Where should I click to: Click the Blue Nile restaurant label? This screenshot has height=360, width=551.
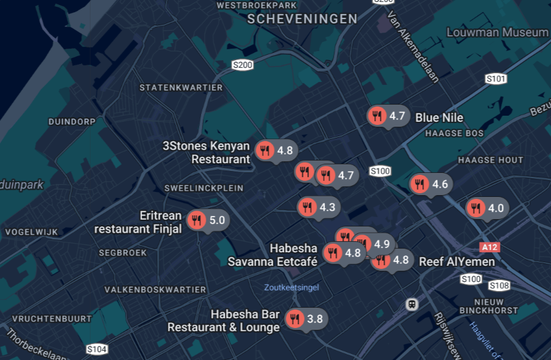pyautogui.click(x=439, y=118)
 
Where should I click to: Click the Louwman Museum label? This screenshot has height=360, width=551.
pyautogui.click(x=497, y=32)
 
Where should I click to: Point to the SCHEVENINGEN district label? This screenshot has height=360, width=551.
pyautogui.click(x=302, y=19)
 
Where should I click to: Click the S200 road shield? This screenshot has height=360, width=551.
pyautogui.click(x=243, y=65)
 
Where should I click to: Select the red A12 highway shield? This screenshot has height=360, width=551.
pyautogui.click(x=489, y=247)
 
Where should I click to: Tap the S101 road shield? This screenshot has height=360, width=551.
pyautogui.click(x=496, y=79)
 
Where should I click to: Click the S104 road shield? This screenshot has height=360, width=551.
pyautogui.click(x=97, y=350)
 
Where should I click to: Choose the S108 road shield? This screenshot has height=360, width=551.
pyautogui.click(x=499, y=286)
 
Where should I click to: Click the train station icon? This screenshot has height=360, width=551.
pyautogui.click(x=411, y=304)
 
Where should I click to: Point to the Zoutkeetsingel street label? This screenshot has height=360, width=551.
pyautogui.click(x=291, y=287)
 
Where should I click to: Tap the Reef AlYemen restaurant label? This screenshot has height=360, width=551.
pyautogui.click(x=457, y=262)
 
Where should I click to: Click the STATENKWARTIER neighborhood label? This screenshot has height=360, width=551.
pyautogui.click(x=181, y=88)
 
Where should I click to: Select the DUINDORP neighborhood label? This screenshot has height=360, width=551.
pyautogui.click(x=72, y=122)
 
